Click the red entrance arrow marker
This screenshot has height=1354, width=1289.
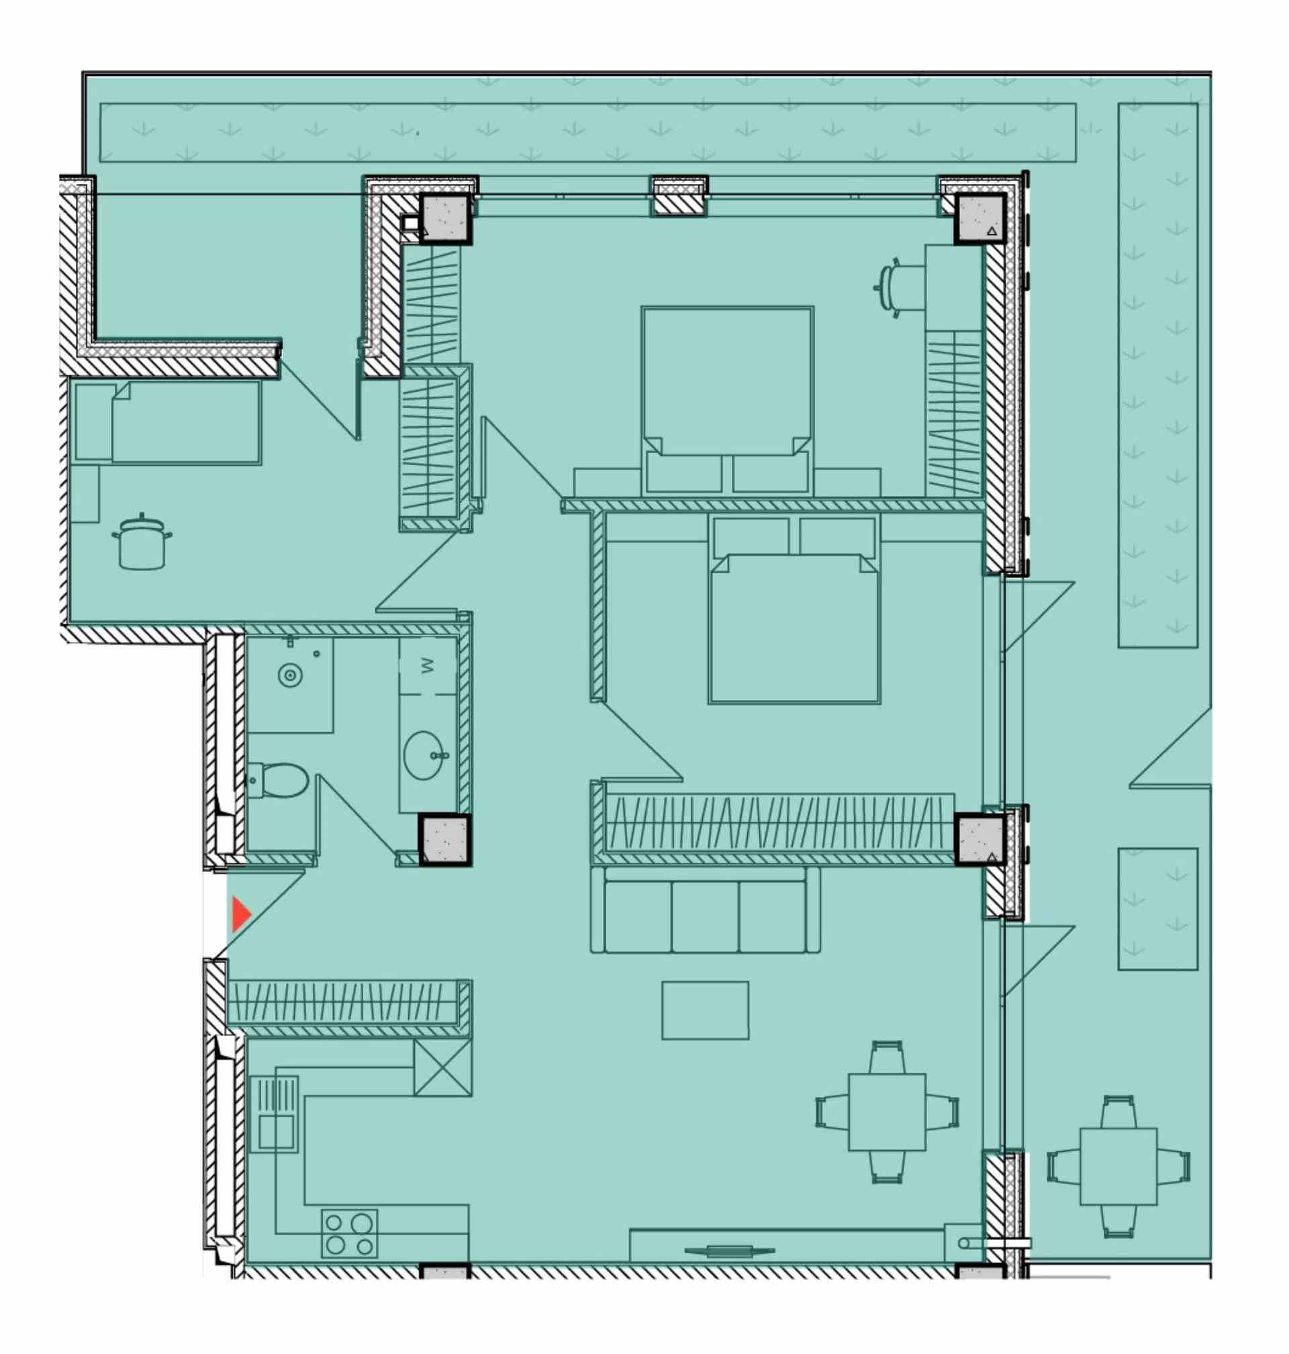[241, 914]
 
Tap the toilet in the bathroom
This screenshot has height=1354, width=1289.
[278, 781]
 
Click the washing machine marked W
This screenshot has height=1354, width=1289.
[428, 666]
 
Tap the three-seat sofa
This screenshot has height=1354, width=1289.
[706, 910]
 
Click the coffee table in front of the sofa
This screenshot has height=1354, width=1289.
[706, 1010]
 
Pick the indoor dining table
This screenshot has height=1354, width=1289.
[887, 1112]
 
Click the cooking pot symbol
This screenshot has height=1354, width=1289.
[142, 541]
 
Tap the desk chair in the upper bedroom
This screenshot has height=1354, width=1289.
[891, 288]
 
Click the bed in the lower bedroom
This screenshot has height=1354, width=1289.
[794, 610]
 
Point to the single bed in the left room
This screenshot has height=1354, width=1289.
[168, 422]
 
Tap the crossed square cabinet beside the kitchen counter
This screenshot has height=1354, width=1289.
[442, 1067]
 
